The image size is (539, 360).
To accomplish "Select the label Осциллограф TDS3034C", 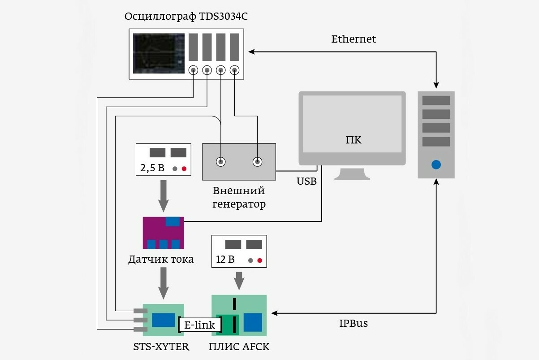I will tap(186, 17).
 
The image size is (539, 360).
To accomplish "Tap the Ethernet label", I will tap(354, 39).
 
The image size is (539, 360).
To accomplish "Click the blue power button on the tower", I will tap(436, 165).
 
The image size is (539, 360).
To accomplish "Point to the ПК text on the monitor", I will tap(354, 140).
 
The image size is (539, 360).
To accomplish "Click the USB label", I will tap(306, 181).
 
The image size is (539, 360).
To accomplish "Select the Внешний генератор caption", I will tap(239, 198).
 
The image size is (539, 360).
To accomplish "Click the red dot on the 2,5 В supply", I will tap(184, 169).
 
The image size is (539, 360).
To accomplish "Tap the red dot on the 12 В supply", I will tap(259, 260).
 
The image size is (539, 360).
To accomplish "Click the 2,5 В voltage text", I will tap(152, 169).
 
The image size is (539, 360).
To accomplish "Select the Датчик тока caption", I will tap(161, 260).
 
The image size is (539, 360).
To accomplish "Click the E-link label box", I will tap(200, 325).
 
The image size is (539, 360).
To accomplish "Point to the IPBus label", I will tap(353, 323).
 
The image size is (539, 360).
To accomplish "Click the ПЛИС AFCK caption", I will tap(239, 347).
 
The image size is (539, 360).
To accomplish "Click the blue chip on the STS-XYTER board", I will tap(163, 320).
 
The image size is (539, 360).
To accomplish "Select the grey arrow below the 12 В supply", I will tap(239, 281).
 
